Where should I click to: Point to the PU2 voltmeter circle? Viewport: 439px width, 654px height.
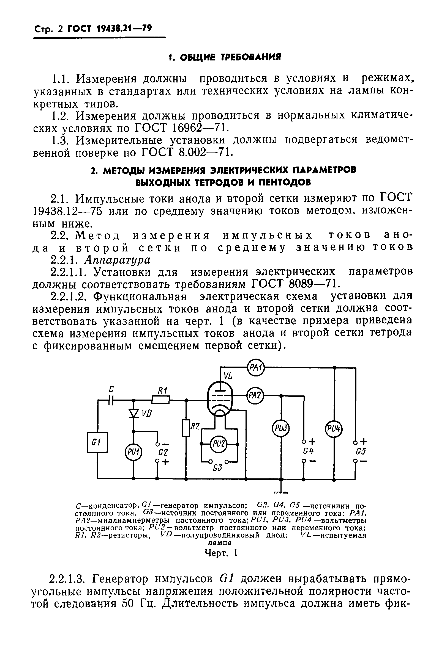click(x=219, y=444)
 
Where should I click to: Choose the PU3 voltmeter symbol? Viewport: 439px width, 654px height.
click(x=281, y=428)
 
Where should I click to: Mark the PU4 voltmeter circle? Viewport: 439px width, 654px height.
click(x=334, y=428)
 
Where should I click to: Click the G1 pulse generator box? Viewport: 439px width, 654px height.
click(x=97, y=442)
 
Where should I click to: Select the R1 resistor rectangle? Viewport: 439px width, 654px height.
click(x=161, y=400)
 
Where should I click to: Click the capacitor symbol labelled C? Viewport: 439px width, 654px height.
click(x=111, y=400)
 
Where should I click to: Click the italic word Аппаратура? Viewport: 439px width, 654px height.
click(x=117, y=260)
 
